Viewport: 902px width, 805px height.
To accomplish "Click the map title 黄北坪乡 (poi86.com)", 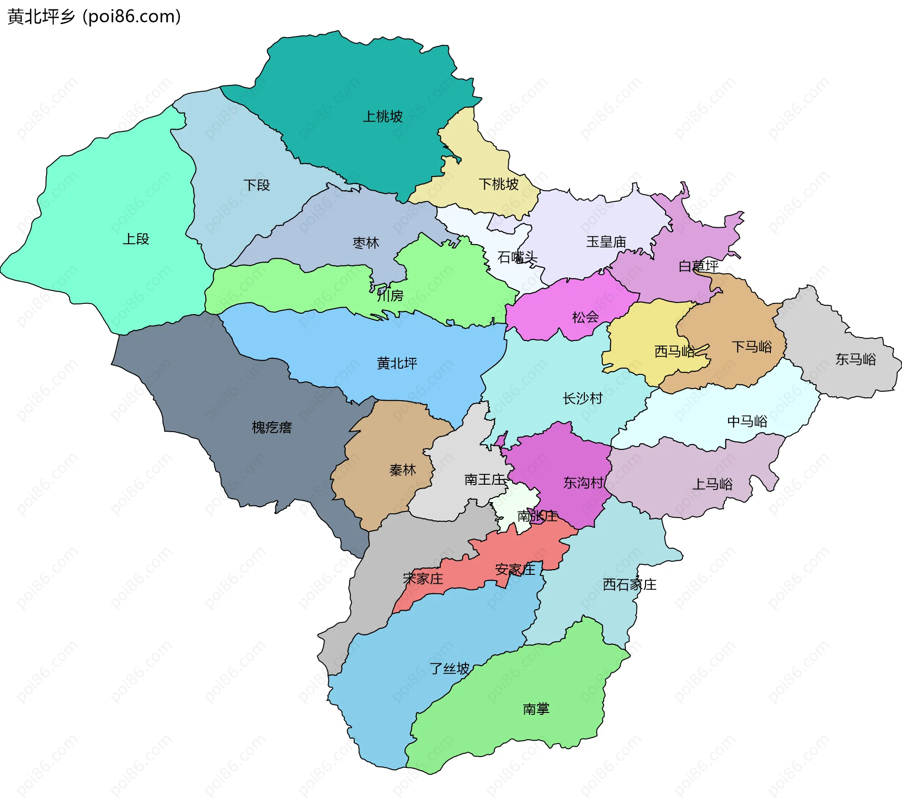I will [x=94, y=17].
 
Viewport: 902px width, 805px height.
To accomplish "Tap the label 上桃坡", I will [x=382, y=116].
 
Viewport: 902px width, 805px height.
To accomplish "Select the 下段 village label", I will [x=257, y=185].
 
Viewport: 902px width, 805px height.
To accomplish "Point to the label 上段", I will [x=136, y=239].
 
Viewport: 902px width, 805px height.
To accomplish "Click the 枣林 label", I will [x=365, y=243].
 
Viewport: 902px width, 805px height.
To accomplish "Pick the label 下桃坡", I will [x=498, y=184].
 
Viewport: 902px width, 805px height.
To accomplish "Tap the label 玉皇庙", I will [x=606, y=242].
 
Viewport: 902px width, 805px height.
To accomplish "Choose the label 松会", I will [x=585, y=317].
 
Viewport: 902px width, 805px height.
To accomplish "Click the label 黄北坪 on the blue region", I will [x=397, y=363].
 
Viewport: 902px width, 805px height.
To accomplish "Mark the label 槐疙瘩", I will [x=272, y=427].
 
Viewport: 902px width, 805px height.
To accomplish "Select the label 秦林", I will [x=403, y=470].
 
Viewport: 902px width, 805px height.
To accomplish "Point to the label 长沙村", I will [x=583, y=399].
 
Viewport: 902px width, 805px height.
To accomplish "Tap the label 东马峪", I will [x=855, y=359].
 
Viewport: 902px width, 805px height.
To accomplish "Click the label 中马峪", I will [x=747, y=421].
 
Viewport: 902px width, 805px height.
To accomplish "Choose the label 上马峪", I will [x=712, y=484].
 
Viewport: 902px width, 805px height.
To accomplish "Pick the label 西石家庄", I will [x=630, y=585].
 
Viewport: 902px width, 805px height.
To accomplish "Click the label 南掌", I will [x=536, y=709].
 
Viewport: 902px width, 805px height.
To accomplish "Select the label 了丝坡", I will [x=450, y=668].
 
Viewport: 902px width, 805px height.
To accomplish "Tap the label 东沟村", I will [x=583, y=483].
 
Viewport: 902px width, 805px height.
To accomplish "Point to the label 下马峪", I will [x=752, y=347].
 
